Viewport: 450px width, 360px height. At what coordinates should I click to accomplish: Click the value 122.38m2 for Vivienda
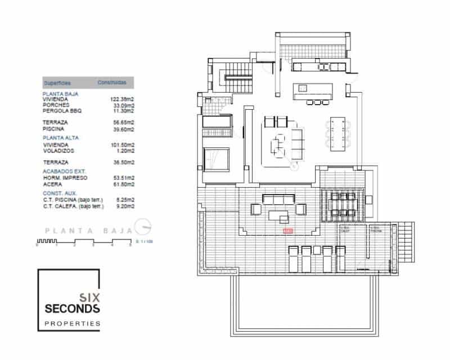click(x=122, y=99)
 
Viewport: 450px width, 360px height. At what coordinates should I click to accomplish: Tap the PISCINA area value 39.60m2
click(x=123, y=129)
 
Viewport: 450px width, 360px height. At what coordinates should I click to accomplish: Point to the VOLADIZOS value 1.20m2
click(x=124, y=151)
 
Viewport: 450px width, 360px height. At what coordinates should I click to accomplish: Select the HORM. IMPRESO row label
click(x=64, y=177)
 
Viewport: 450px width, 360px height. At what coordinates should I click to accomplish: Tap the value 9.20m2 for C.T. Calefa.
click(x=124, y=206)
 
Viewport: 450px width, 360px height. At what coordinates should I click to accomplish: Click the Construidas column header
click(x=111, y=82)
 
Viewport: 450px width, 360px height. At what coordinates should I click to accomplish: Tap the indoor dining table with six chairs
click(x=338, y=134)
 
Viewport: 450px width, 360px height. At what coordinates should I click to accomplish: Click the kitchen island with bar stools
click(x=312, y=91)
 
